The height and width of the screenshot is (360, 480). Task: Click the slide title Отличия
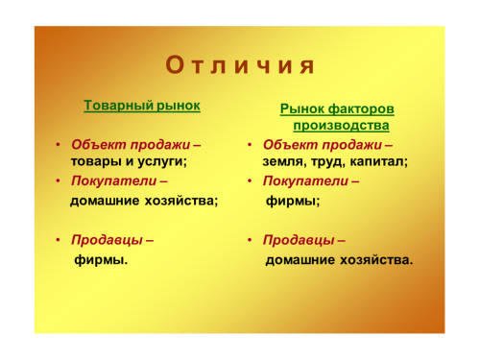(240, 65)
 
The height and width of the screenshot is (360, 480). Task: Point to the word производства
(341, 126)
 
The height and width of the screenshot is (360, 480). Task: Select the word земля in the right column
(282, 161)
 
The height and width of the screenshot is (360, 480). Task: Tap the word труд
(326, 162)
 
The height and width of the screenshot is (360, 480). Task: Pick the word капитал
(377, 161)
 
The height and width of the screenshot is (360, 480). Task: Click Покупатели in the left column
(114, 180)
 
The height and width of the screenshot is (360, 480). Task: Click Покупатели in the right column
(305, 181)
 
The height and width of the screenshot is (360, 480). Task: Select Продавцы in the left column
(107, 240)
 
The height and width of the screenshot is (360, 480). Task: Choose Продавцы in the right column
(299, 240)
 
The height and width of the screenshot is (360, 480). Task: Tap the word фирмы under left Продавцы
(99, 259)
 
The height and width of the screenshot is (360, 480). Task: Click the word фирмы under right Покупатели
(291, 201)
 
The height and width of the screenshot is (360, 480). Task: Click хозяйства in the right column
(374, 260)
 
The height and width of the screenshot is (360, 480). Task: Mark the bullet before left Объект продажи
(58, 145)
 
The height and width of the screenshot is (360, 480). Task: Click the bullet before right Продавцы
(250, 240)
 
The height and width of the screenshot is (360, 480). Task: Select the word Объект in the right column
(290, 145)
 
